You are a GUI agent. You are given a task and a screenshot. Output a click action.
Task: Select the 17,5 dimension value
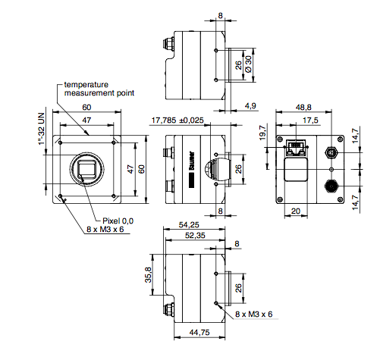(310, 120)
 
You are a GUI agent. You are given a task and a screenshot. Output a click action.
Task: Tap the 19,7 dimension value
(263, 133)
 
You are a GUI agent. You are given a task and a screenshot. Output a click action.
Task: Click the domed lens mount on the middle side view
(215, 168)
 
